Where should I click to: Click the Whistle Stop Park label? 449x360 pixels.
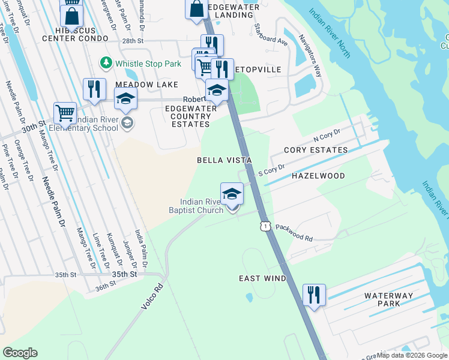click(148, 63)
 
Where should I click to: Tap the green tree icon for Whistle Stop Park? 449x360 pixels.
click(106, 62)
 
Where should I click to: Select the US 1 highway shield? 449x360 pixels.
click(264, 226)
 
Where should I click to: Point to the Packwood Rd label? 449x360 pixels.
click(294, 233)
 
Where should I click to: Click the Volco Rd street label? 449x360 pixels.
click(152, 296)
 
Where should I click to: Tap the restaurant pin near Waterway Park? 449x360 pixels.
click(314, 295)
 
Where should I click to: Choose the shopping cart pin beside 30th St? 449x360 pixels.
click(65, 112)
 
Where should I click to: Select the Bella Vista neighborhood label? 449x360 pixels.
click(224, 160)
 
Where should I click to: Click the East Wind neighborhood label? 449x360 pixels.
click(262, 278)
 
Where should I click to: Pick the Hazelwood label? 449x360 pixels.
click(318, 176)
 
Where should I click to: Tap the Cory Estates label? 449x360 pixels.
click(316, 149)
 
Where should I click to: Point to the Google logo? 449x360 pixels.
click(20, 353)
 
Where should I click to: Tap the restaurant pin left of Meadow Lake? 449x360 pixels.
click(94, 89)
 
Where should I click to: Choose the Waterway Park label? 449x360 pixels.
click(388, 300)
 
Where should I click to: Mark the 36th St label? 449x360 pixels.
click(104, 287)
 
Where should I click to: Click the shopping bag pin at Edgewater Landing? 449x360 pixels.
click(196, 10)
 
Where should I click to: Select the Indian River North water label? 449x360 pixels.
click(330, 33)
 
